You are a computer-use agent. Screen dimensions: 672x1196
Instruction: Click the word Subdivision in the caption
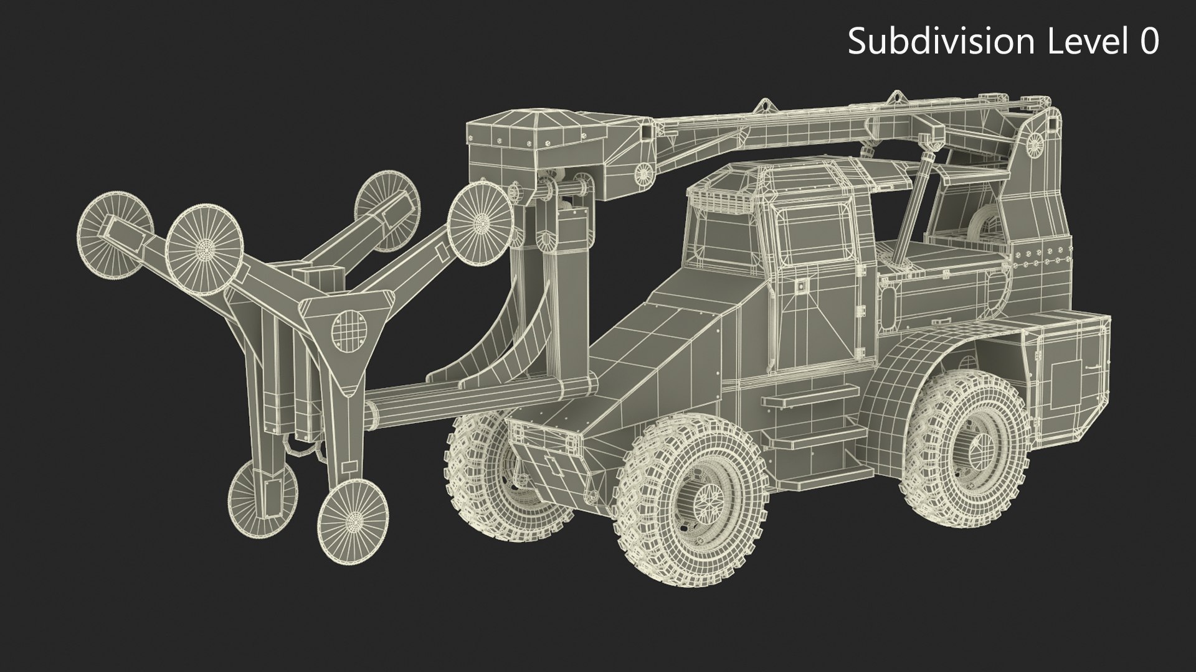point(939,42)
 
